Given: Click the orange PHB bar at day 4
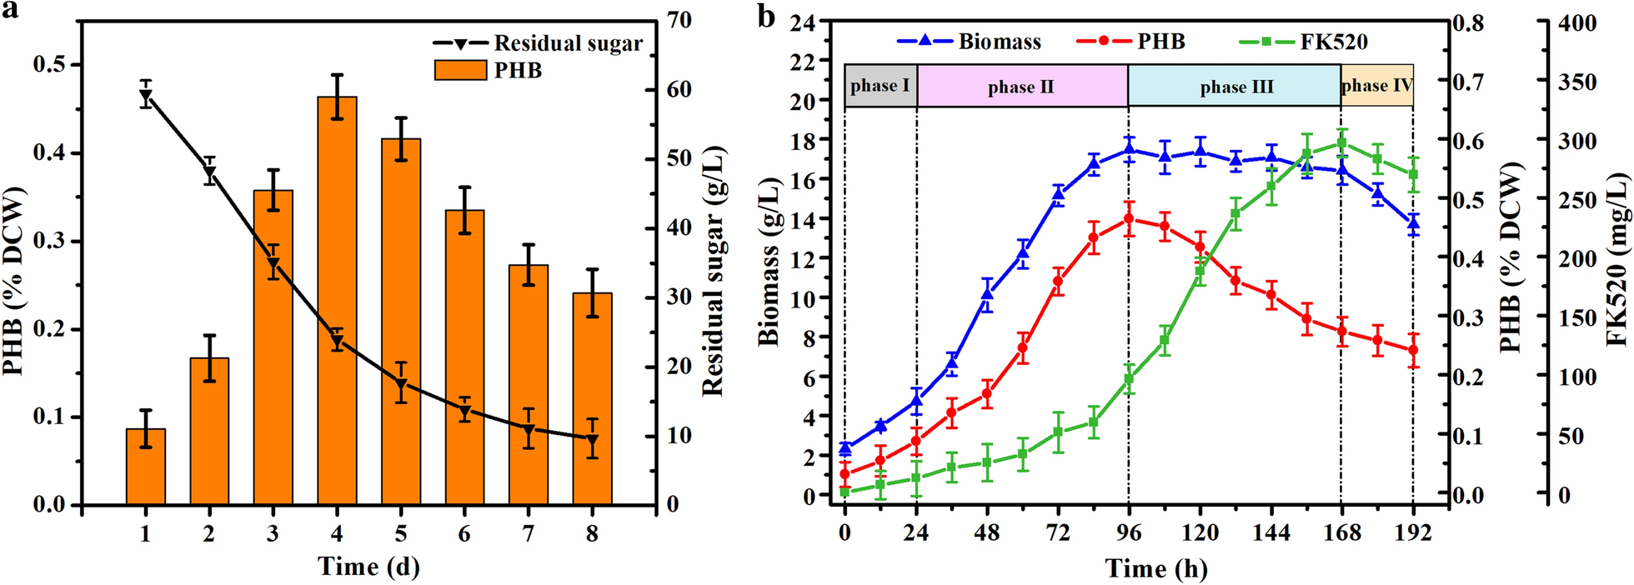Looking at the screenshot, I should [x=337, y=300].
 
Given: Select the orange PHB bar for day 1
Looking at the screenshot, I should [x=146, y=467].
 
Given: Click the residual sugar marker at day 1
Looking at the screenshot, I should [x=146, y=97].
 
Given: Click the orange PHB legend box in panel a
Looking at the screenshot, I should [x=460, y=70].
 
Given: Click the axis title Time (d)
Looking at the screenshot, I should [x=368, y=567].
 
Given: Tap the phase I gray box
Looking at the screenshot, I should [x=880, y=86].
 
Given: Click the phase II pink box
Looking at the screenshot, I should [x=1021, y=86].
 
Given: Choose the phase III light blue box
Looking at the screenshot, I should [x=1236, y=86].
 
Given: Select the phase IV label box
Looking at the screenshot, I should [x=1377, y=85].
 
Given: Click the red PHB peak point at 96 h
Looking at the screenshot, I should [x=1130, y=219].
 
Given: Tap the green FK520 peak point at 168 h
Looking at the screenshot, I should [x=1341, y=143].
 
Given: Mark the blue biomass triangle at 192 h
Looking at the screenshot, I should [x=1413, y=222].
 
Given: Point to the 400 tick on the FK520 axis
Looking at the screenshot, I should [x=1577, y=23].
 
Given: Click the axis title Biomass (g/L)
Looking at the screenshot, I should [x=769, y=261].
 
